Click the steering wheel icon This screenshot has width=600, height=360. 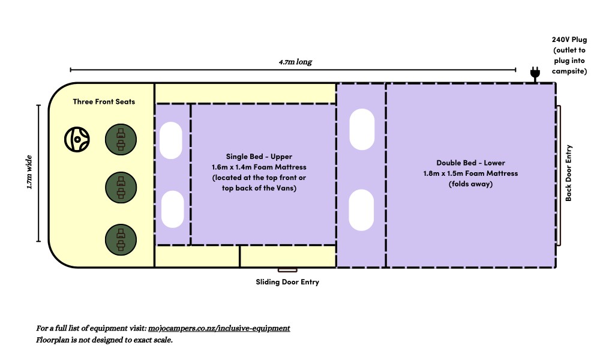pos(77,139)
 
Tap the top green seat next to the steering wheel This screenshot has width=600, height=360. pos(121,139)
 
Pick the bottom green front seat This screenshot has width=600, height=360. pos(121,238)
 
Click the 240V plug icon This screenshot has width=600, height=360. pos(534,73)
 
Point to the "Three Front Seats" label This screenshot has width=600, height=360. pos(104,101)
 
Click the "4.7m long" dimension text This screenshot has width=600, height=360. pos(295,62)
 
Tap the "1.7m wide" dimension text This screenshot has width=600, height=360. pos(29,173)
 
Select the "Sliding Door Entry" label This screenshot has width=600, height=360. pos(287,282)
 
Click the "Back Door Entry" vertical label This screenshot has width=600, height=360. pos(569,173)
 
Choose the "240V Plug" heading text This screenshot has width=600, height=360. pos(569,40)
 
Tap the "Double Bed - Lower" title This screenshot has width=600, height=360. pos(470,163)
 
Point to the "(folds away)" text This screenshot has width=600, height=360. pos(470,184)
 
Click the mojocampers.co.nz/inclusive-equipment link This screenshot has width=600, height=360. pos(219,328)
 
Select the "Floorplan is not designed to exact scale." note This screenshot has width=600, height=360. pos(104,340)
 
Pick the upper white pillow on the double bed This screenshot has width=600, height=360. pos(362,129)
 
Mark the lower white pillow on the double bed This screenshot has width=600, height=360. pos(362,210)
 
